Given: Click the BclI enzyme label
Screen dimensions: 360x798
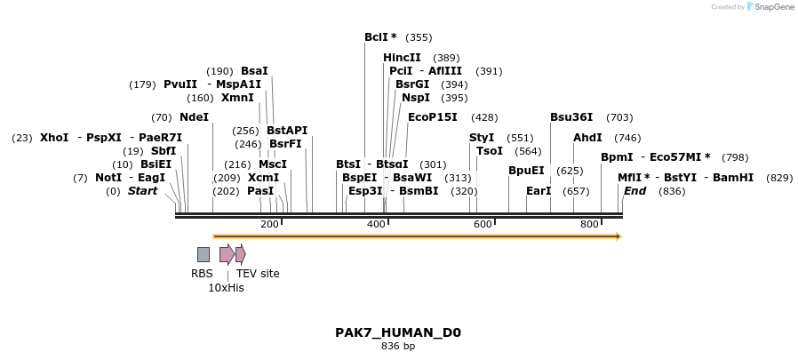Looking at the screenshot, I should [379, 37].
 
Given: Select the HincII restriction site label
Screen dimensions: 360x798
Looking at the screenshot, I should [402, 58].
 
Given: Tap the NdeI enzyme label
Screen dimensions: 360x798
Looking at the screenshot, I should [194, 117].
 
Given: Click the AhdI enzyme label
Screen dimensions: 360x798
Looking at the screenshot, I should [587, 138].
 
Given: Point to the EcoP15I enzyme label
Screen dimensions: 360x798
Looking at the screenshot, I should [432, 117].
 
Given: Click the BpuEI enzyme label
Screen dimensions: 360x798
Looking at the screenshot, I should [526, 171].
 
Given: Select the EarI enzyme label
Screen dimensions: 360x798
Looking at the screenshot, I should [539, 191].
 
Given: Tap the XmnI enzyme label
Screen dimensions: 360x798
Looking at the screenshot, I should [237, 98].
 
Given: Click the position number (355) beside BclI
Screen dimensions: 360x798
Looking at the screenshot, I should [419, 37].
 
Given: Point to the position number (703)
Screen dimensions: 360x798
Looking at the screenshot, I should [619, 117].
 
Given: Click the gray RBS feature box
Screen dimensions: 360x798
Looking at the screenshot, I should [203, 255].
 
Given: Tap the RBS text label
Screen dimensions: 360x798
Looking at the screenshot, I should [202, 274].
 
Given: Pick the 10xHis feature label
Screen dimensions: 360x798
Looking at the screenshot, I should [226, 288].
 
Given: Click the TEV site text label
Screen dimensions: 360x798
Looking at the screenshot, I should [258, 274].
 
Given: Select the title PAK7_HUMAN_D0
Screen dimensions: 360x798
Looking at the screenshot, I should [398, 333].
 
